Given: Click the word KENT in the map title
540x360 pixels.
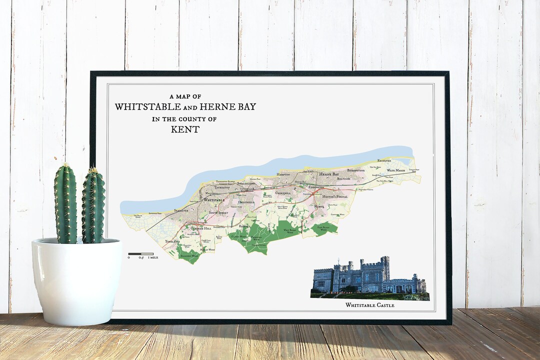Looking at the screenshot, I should pyautogui.click(x=185, y=129).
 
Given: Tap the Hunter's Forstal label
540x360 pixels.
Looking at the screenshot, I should pyautogui.click(x=335, y=196).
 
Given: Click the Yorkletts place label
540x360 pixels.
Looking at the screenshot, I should pyautogui.click(x=173, y=241).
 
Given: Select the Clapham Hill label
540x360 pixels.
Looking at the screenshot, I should pyautogui.click(x=201, y=228).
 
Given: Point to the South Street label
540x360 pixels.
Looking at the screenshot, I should pyautogui.click(x=218, y=213).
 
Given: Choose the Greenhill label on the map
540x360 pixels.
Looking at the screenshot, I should pyautogui.click(x=282, y=192).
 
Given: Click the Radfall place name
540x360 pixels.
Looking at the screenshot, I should pyautogui.click(x=244, y=226).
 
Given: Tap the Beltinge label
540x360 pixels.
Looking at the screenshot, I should pyautogui.click(x=343, y=178).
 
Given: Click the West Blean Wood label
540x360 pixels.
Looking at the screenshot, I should pyautogui.click(x=290, y=230).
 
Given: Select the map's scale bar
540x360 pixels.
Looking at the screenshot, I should pyautogui.click(x=140, y=254).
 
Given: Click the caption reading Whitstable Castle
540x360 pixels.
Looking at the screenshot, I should pyautogui.click(x=369, y=305).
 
